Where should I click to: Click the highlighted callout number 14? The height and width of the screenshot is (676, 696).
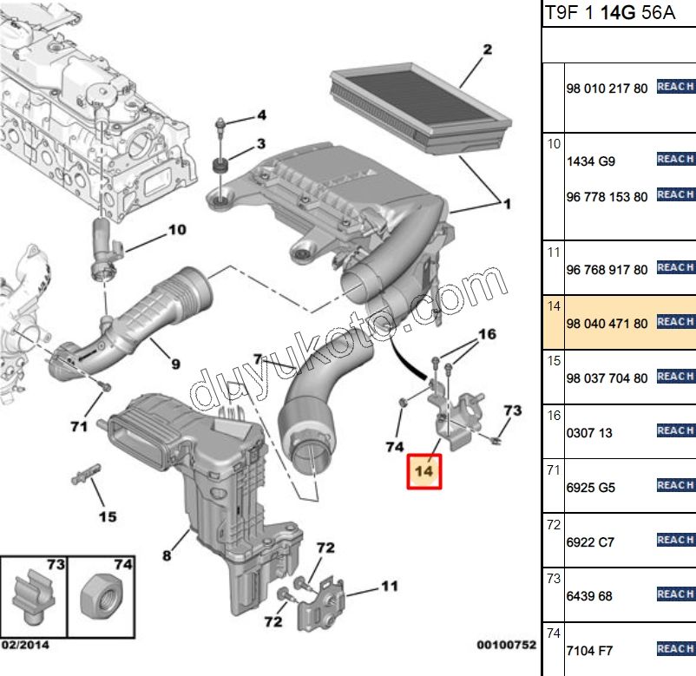424,470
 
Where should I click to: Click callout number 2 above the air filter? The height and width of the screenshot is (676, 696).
487,49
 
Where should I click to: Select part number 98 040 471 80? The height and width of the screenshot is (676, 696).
607,324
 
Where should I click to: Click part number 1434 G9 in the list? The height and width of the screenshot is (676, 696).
590,162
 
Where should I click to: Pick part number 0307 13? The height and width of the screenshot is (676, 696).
589,432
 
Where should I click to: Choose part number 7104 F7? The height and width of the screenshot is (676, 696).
590,650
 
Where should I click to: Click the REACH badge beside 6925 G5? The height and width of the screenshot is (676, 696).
675,486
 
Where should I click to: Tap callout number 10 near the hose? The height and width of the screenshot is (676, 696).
177,230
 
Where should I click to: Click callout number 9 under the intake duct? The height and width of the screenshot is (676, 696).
175,364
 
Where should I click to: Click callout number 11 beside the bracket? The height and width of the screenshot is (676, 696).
389,587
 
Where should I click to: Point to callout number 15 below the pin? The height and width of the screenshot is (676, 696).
107,517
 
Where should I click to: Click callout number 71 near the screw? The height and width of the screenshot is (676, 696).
79,426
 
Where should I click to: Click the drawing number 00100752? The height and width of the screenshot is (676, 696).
506,646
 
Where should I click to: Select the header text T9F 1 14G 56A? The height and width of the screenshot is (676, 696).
599,13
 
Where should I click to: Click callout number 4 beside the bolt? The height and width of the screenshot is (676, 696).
259,115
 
